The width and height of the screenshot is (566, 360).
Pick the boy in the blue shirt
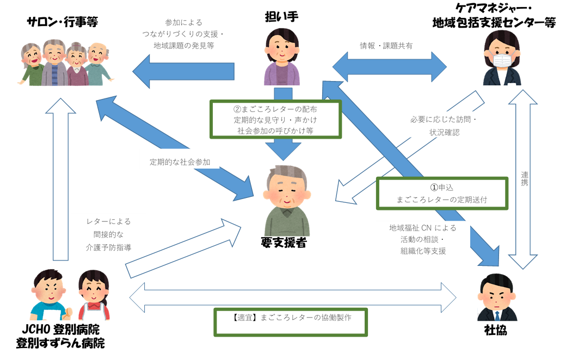50,296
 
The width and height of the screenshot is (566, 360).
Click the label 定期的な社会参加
180,162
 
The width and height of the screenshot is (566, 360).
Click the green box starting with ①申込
441,193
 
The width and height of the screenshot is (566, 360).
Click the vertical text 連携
524,179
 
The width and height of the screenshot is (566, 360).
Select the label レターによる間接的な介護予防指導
109,234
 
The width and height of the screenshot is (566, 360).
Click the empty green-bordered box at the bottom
291,322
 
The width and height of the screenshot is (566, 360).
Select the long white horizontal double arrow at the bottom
293,297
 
